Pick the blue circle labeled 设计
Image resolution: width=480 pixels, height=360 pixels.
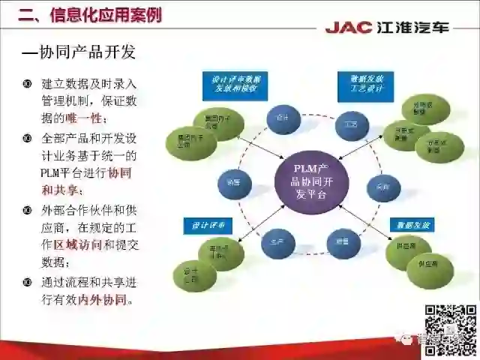283,118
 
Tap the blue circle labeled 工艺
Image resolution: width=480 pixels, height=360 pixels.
350,123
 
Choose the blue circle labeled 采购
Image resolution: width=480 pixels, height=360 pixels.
382,187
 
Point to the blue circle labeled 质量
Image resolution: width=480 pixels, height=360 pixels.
342,241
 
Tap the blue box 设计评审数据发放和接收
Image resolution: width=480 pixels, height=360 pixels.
235,85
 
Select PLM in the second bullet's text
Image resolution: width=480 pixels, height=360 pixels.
52,173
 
